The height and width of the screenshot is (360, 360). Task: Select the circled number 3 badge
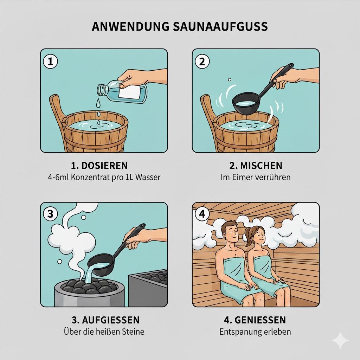(50, 214)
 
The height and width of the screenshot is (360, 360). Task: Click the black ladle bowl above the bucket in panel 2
(245, 103)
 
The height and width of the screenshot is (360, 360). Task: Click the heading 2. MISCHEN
(256, 166)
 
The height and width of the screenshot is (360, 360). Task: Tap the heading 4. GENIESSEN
(256, 320)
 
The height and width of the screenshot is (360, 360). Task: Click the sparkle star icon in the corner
(340, 340)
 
